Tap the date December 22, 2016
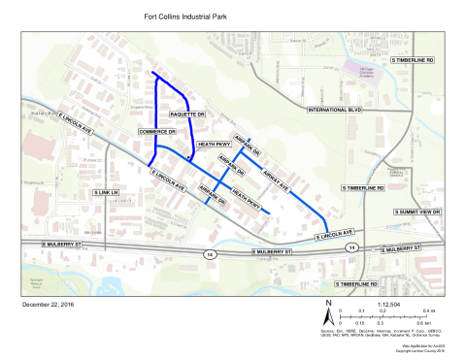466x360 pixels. (47, 304)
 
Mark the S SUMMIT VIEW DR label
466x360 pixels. (416, 212)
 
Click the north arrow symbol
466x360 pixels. (329, 316)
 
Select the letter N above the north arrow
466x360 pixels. (329, 304)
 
